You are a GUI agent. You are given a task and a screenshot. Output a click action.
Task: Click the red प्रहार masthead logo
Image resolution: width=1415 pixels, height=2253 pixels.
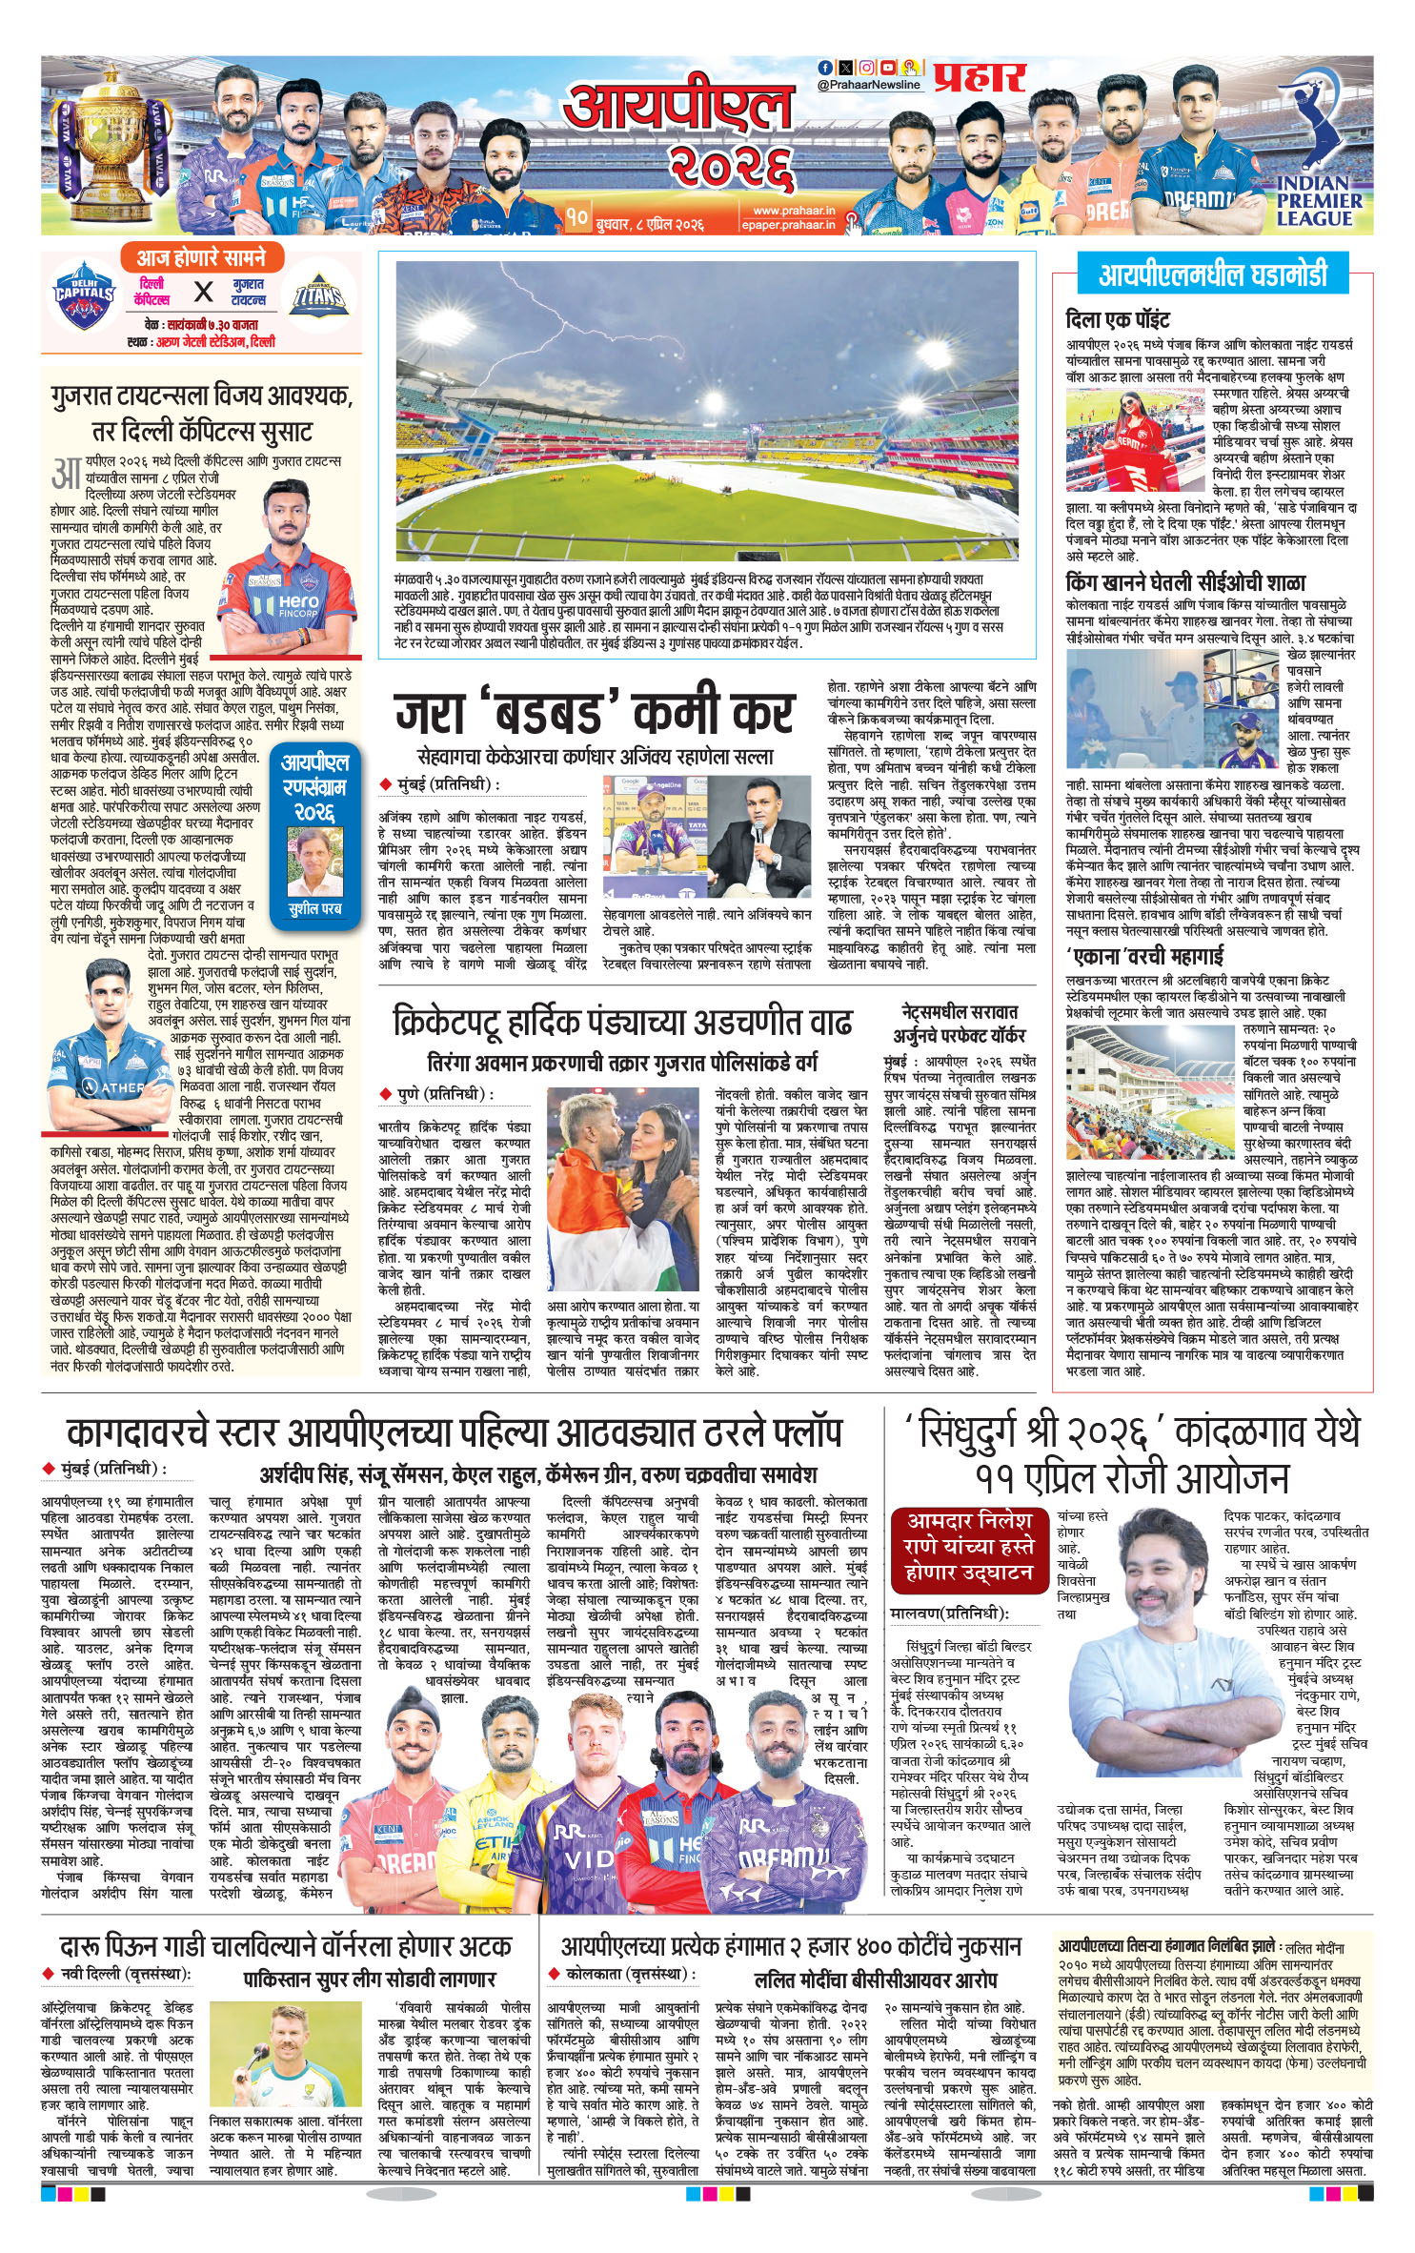pyautogui.click(x=979, y=78)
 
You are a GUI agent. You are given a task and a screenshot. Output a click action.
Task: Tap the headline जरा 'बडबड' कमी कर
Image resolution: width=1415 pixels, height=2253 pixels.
pyautogui.click(x=593, y=712)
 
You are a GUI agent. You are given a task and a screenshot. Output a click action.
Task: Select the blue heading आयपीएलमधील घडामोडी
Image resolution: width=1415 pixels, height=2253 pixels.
pyautogui.click(x=1212, y=275)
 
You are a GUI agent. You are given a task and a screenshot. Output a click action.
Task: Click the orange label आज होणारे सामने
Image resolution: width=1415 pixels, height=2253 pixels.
pyautogui.click(x=200, y=258)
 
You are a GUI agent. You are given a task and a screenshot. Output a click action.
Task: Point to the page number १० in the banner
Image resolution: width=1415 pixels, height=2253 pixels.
pyautogui.click(x=576, y=217)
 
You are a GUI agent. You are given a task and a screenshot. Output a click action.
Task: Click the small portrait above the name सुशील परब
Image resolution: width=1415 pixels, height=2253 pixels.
pyautogui.click(x=314, y=862)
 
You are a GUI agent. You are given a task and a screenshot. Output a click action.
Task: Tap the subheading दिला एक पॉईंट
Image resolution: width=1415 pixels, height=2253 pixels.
pyautogui.click(x=1117, y=319)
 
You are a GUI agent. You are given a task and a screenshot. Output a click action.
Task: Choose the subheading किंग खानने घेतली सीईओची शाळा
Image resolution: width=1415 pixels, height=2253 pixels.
pyautogui.click(x=1185, y=582)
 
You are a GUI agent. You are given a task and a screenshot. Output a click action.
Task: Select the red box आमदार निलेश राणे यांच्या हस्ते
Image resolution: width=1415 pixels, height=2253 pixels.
pyautogui.click(x=968, y=1545)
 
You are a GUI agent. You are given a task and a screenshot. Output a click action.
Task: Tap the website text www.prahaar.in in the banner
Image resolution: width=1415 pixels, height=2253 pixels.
pyautogui.click(x=793, y=210)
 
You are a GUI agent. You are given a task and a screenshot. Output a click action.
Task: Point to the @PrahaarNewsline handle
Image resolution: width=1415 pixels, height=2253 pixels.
pyautogui.click(x=869, y=85)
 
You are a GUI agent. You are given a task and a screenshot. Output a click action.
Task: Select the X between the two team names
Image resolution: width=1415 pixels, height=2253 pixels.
pyautogui.click(x=202, y=292)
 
